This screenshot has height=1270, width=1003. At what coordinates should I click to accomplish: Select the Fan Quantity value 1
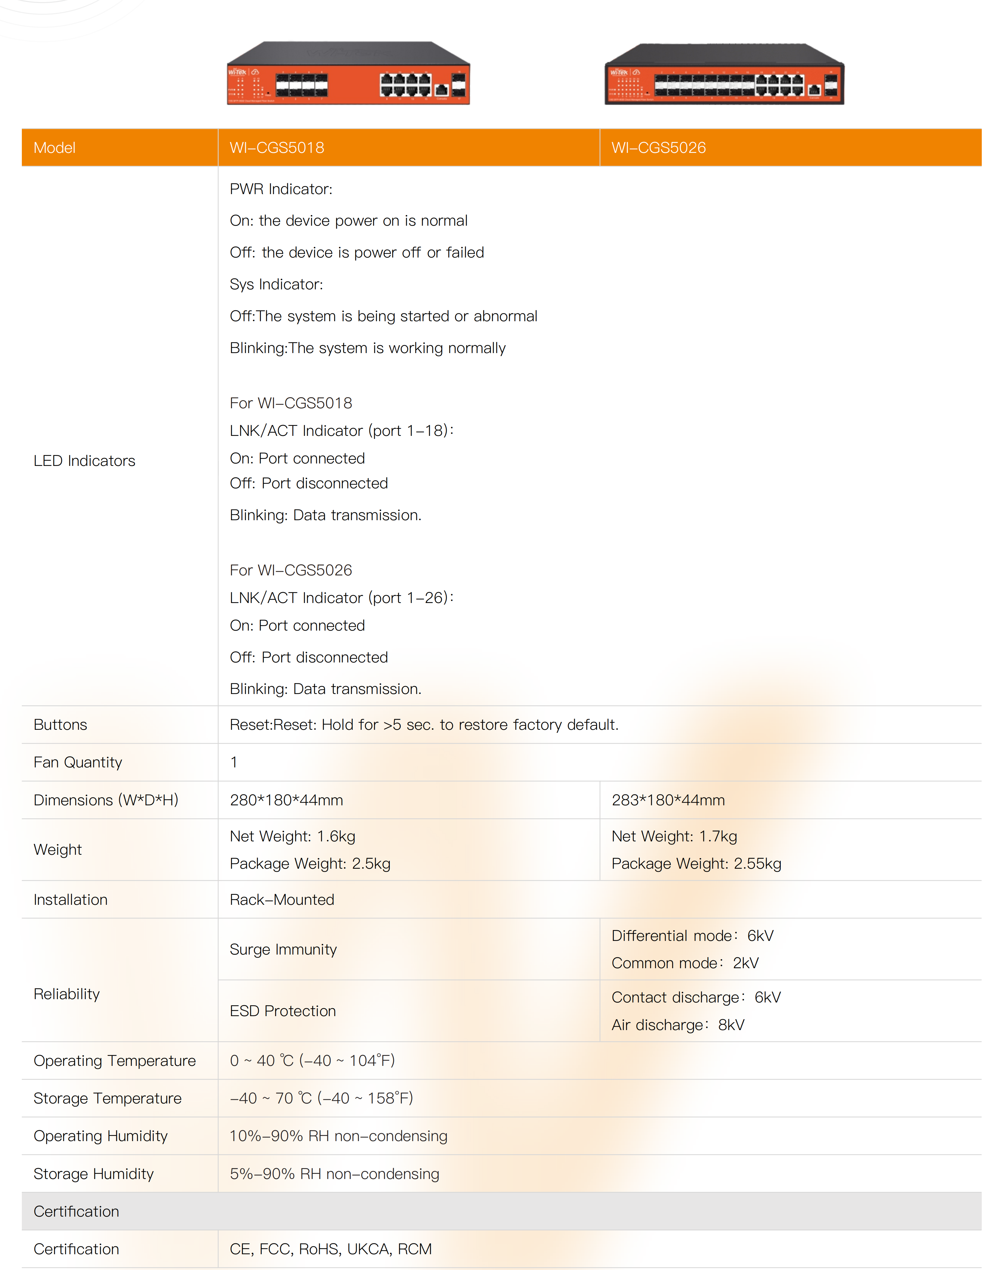tap(234, 762)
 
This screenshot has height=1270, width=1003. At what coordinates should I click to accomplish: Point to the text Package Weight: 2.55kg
tap(696, 863)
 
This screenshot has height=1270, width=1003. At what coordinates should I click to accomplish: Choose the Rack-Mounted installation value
tap(282, 900)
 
